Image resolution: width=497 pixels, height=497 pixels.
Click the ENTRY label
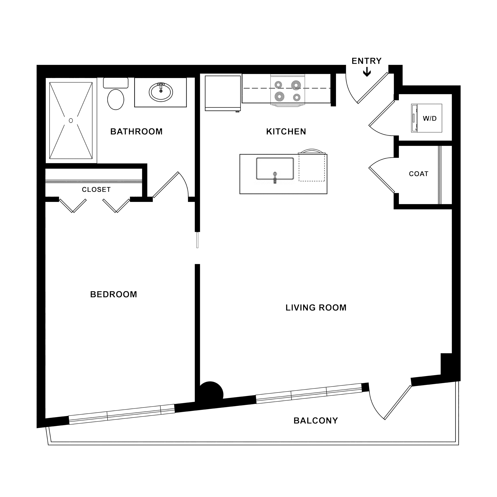(366, 61)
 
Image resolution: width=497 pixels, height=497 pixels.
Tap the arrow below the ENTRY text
(367, 72)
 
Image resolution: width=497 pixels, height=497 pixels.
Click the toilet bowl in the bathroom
(116, 100)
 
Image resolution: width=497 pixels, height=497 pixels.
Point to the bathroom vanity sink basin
(161, 92)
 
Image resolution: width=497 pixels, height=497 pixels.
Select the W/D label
(430, 118)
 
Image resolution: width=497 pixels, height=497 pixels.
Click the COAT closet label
(419, 174)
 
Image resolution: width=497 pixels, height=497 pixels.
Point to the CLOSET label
(96, 190)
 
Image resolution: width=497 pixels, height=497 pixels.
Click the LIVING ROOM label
(316, 308)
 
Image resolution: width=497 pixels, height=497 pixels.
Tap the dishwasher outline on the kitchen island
(311, 167)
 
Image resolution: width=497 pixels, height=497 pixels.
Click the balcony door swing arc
(374, 406)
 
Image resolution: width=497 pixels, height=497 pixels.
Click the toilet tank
(116, 83)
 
